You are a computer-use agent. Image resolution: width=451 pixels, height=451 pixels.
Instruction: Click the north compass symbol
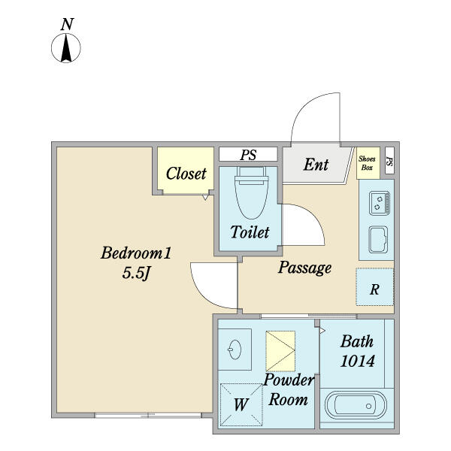click(66, 48)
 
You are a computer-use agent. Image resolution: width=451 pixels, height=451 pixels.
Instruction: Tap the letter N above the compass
click(67, 24)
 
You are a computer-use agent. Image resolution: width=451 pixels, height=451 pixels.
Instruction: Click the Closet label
click(186, 174)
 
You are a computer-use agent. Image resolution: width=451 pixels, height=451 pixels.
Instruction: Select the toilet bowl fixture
click(251, 192)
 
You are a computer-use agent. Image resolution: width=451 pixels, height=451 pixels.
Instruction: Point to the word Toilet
click(250, 232)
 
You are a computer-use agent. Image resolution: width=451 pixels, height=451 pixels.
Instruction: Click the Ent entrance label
click(316, 165)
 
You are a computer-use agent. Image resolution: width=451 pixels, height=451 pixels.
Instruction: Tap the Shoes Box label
click(367, 163)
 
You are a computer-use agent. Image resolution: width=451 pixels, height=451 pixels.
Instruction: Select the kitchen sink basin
click(378, 240)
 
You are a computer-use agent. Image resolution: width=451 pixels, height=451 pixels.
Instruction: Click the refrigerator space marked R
click(374, 287)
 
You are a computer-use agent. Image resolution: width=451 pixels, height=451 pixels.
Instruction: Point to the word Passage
click(304, 268)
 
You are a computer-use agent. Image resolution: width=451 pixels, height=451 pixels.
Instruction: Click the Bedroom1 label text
click(136, 253)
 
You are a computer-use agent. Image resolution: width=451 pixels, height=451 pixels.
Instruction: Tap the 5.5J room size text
click(136, 273)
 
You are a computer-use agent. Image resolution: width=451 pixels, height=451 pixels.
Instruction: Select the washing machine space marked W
click(241, 404)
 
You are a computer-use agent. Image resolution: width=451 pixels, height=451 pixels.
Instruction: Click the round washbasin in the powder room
click(235, 350)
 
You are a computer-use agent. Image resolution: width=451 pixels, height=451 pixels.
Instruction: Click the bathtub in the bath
click(356, 405)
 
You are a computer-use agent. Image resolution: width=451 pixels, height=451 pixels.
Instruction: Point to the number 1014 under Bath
click(358, 361)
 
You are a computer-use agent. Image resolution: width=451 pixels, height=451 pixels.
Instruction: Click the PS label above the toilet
click(248, 155)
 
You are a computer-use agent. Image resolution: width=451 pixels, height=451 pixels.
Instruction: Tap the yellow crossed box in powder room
click(280, 351)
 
